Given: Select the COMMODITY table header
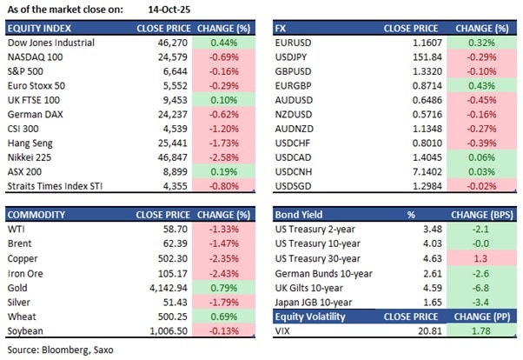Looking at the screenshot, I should pos(33,213).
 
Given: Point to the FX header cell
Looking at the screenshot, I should pos(282,28).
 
